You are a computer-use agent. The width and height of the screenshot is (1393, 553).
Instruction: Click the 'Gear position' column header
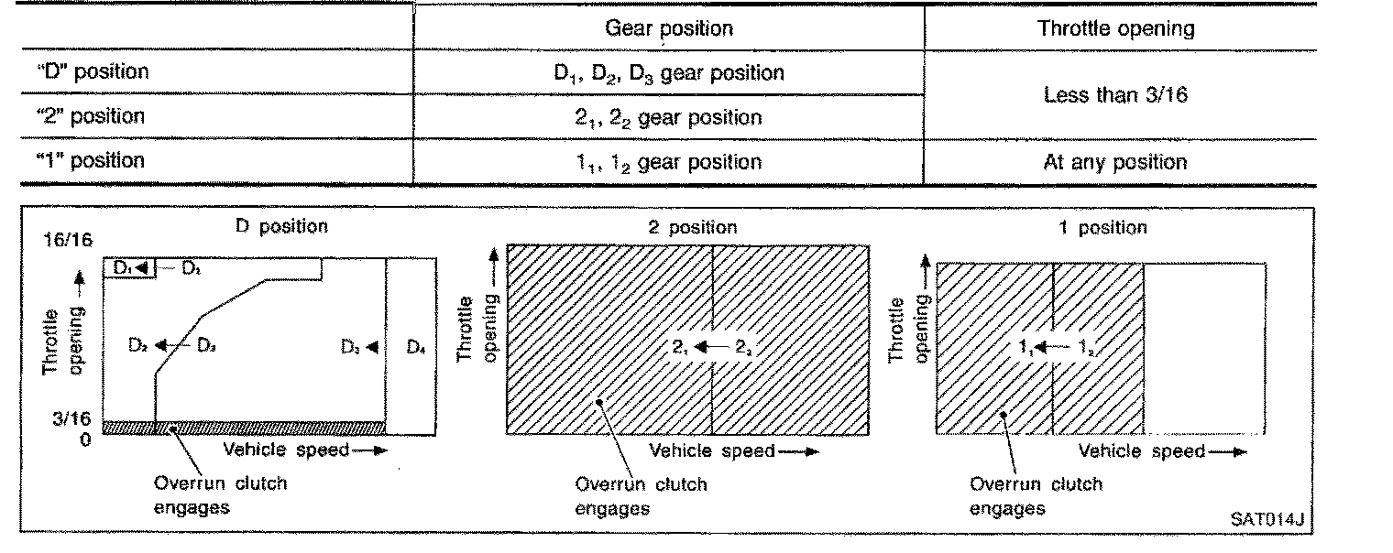tap(668, 28)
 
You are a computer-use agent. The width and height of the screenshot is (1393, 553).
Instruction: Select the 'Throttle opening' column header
tap(1115, 28)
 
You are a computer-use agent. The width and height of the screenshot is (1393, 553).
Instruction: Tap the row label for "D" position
tap(90, 71)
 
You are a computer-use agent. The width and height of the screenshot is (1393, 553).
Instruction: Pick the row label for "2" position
tap(90, 116)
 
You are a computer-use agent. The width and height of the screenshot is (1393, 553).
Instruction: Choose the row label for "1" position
tap(90, 161)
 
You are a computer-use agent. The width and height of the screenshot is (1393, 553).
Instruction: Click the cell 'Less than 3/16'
tap(1115, 94)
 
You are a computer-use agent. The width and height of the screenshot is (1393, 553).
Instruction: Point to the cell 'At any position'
tap(1115, 163)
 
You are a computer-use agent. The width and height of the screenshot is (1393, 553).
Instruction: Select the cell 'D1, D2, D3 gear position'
tap(668, 73)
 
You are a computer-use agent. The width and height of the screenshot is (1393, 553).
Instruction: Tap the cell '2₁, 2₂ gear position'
tap(668, 117)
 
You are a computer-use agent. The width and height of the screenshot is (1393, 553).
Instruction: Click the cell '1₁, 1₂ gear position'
tap(668, 162)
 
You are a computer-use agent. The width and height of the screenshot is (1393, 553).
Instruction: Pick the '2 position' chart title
tap(692, 227)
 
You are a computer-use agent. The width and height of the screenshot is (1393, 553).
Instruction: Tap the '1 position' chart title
tap(1102, 227)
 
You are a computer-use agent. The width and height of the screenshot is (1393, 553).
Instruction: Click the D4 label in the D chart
tap(416, 347)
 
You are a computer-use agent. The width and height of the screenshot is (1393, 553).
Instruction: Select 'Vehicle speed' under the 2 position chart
tap(711, 450)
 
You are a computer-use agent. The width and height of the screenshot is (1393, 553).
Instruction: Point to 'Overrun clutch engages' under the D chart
tap(220, 494)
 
